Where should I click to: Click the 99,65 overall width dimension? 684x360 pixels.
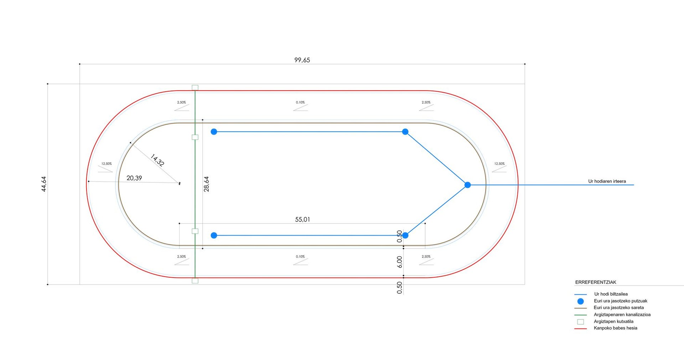pos(302,60)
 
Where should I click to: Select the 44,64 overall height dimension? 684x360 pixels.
pos(44,184)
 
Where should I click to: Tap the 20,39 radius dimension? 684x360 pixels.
pos(134,178)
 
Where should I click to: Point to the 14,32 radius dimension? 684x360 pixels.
pos(157,160)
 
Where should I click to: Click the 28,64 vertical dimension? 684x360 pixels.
pos(206,184)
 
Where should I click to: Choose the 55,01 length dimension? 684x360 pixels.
pos(302,219)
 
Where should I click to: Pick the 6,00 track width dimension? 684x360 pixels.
pos(399,262)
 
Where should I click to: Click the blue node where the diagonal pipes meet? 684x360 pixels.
pos(468,185)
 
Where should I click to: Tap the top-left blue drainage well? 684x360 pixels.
pos(214,132)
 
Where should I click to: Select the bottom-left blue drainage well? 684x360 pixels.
pos(214,235)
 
